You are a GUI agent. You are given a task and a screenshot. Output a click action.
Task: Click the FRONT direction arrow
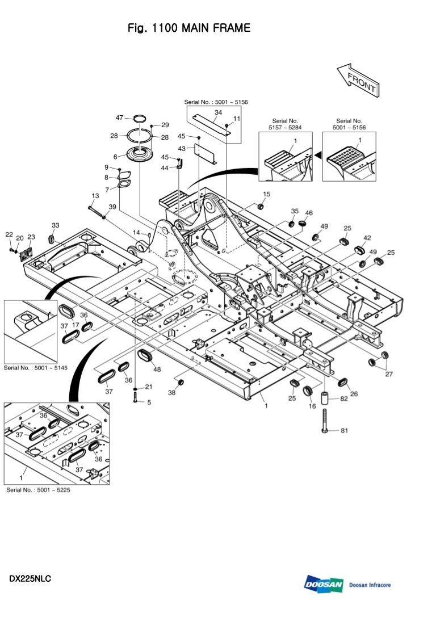pos(358,80)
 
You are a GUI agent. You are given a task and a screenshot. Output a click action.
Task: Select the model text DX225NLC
pos(30,579)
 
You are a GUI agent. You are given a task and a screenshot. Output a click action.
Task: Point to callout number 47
pos(120,117)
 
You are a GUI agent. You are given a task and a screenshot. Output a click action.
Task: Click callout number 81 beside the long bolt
pos(343,430)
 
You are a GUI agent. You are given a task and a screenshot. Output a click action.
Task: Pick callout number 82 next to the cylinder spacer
pos(344,398)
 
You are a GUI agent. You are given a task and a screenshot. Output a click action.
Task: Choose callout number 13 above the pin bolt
pos(95,195)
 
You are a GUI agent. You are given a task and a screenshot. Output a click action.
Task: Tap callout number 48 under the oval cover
pos(157,370)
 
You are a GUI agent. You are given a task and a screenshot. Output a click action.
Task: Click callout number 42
pos(367,238)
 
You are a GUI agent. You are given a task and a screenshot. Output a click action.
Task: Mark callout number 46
pos(309,213)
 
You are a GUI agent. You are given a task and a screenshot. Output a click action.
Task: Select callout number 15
pos(267,194)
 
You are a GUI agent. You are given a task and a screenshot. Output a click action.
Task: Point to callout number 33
pos(56,225)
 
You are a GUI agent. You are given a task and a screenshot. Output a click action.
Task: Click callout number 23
pos(31,237)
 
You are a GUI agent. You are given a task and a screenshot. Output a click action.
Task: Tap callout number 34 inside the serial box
pos(218,112)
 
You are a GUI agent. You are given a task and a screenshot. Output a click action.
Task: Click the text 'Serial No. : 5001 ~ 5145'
pos(36,368)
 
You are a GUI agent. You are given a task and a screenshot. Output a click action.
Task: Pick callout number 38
pos(171,392)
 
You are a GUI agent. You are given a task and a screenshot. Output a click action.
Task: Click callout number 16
pos(312,406)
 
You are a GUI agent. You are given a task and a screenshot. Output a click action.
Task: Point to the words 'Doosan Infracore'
pos(370,585)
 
